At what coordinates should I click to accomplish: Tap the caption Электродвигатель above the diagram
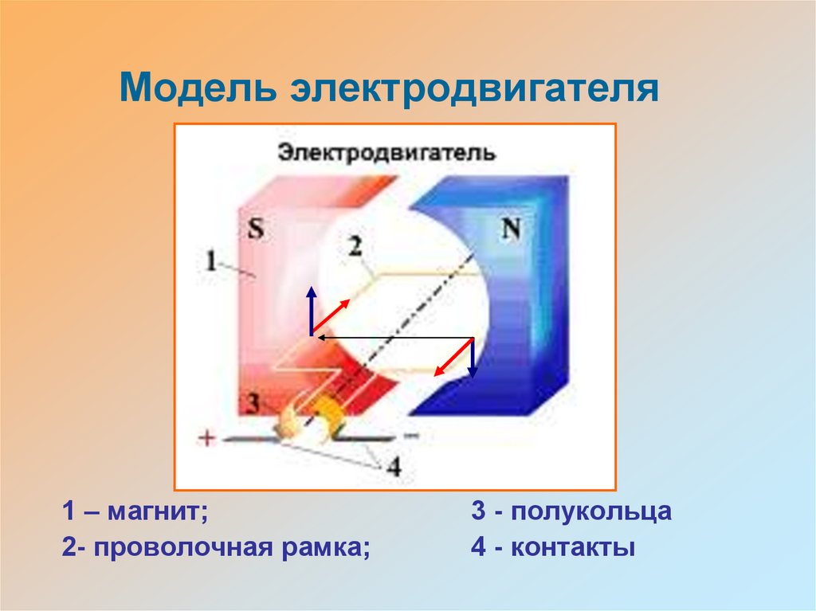tap(386, 151)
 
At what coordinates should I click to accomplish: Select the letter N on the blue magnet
tap(511, 229)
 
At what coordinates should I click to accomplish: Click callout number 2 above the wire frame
tap(355, 248)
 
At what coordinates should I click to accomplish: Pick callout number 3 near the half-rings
tap(252, 404)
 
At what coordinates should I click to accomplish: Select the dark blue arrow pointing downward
tap(473, 358)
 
